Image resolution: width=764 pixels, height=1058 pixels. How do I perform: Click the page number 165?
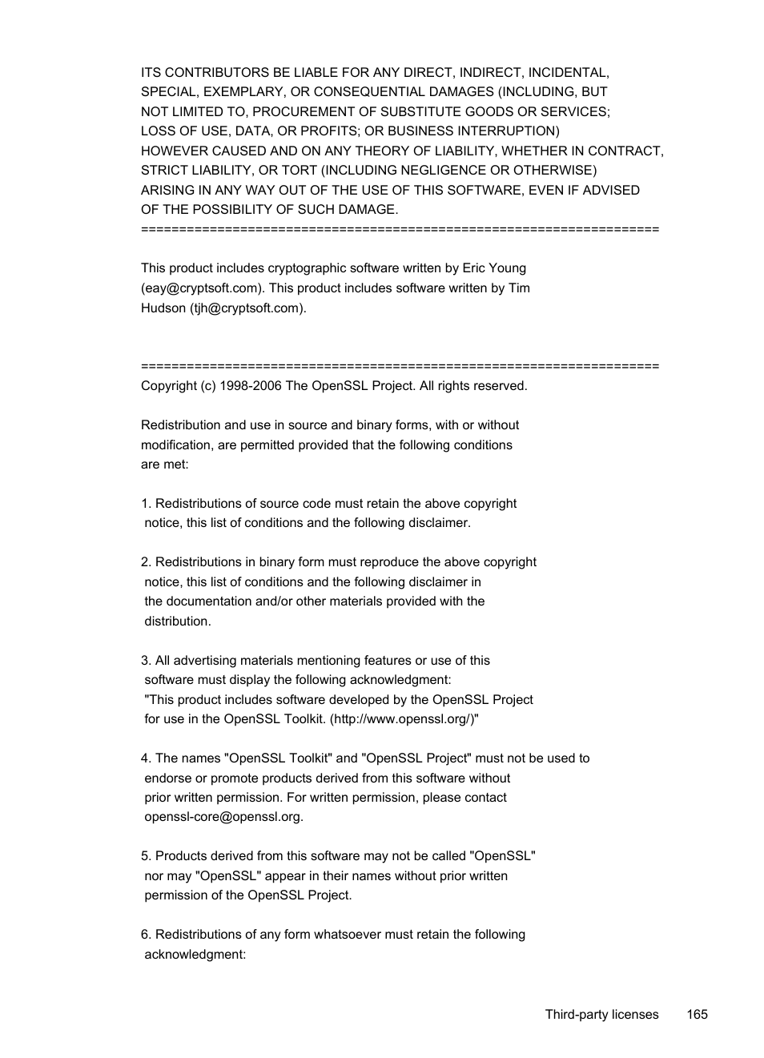click(x=697, y=1014)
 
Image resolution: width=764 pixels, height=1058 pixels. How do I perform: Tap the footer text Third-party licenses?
click(x=601, y=1014)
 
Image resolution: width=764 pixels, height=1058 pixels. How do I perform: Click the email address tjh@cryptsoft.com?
click(x=247, y=308)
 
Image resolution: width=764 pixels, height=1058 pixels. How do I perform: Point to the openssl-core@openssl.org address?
click(x=223, y=817)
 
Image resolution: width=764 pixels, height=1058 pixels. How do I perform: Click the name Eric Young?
click(x=494, y=268)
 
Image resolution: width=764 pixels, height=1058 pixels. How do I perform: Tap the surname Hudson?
click(x=163, y=308)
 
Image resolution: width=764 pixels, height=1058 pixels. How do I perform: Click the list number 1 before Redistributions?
click(x=145, y=504)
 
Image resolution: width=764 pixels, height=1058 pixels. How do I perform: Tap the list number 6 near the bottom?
click(x=145, y=935)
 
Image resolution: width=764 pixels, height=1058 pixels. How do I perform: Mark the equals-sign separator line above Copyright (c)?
click(x=400, y=366)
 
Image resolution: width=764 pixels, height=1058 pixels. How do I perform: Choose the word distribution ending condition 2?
click(x=176, y=622)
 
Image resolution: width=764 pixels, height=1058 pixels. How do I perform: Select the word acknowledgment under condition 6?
click(x=194, y=955)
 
